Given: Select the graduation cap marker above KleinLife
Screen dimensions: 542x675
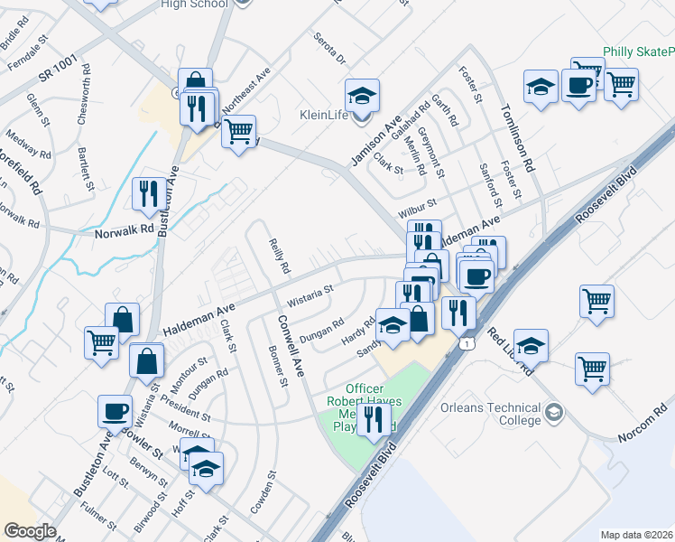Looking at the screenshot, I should point(362,95).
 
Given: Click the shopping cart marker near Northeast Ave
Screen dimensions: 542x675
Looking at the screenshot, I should point(238,131).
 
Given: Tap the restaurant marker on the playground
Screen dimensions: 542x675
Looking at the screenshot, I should point(374,419).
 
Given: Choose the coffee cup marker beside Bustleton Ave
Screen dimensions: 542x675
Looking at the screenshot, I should point(116,411).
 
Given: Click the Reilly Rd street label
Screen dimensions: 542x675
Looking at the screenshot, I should point(280,256).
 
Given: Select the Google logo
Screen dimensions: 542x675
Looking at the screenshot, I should point(30,531).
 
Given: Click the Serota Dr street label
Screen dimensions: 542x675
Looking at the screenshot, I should point(329,48).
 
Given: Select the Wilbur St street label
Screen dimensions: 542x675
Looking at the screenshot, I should point(418,210).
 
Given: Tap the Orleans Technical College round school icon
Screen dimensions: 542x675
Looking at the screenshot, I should point(554,413).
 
